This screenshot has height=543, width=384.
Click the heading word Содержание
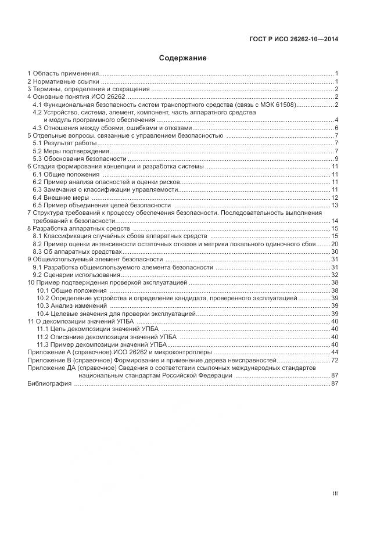[182, 58]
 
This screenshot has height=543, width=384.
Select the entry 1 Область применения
[63, 74]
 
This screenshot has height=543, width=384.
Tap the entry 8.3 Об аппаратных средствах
[78, 251]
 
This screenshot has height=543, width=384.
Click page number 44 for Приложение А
[335, 353]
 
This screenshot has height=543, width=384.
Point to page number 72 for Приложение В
[335, 361]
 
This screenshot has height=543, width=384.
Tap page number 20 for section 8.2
[335, 244]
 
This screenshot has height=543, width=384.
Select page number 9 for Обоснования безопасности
[336, 159]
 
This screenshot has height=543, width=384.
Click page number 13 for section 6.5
[335, 205]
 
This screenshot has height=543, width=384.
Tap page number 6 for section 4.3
[336, 128]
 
